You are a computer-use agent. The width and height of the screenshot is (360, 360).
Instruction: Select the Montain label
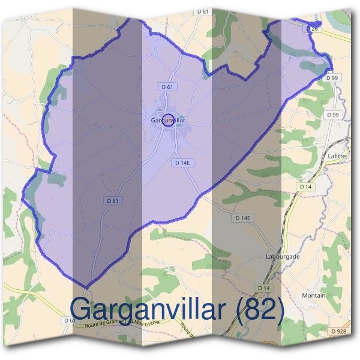314,296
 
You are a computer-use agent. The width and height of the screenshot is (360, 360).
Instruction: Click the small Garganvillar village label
169,121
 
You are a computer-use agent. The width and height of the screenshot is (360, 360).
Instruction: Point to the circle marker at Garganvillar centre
169,119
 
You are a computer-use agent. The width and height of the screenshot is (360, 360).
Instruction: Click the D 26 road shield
311,28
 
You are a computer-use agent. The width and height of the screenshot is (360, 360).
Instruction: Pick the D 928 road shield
338,331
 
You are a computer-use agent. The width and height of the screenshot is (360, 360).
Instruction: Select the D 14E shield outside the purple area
242,218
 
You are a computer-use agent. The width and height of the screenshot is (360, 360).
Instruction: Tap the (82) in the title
260,309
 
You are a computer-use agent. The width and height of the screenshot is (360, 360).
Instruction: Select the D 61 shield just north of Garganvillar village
168,87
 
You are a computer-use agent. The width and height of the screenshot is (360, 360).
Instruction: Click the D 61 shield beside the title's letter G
70,320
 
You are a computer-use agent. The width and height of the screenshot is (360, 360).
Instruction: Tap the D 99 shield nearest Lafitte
333,115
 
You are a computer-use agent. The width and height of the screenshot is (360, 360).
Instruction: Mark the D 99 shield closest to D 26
333,78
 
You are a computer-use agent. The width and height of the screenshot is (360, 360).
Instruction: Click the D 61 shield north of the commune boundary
206,12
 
